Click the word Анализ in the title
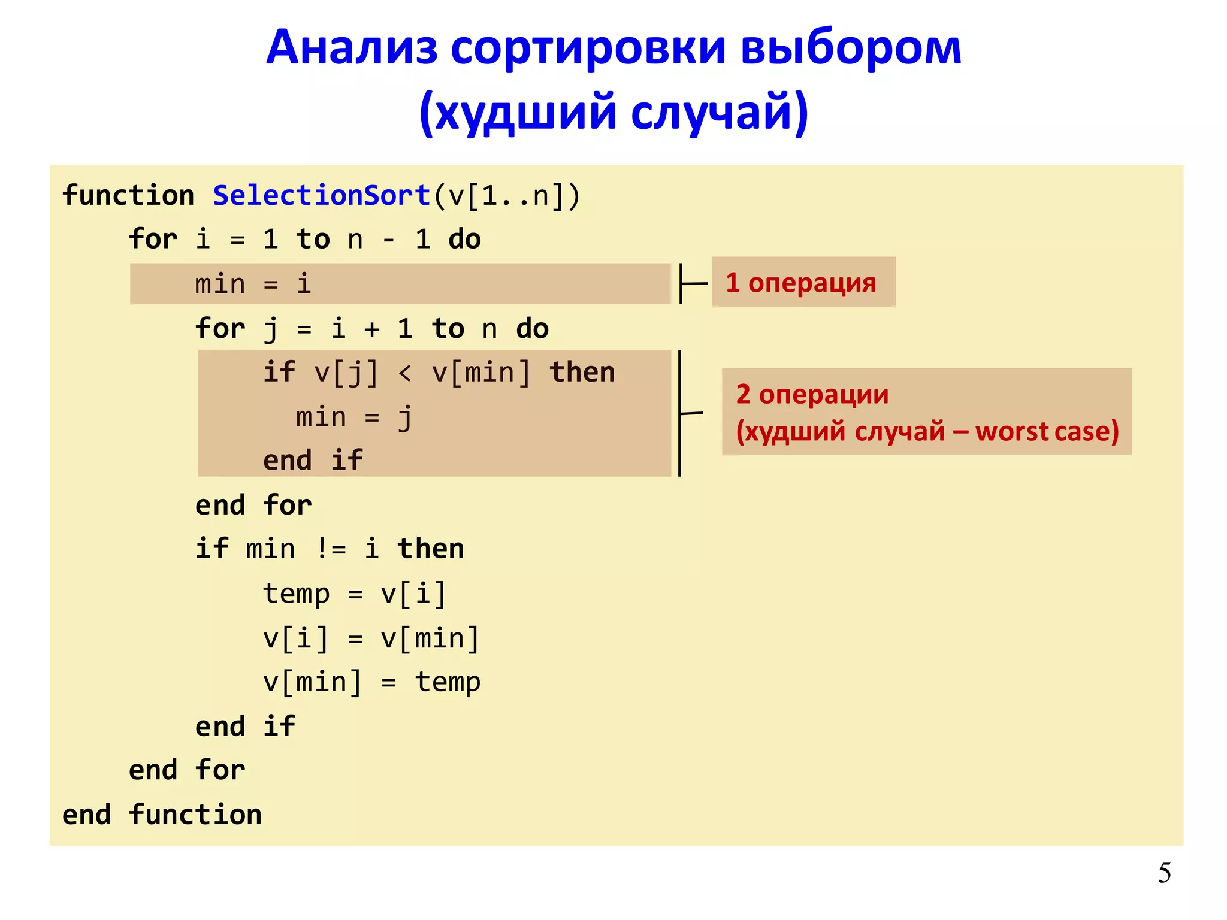click(352, 48)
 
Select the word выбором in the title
click(851, 48)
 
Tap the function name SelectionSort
click(322, 196)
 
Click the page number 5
click(1164, 873)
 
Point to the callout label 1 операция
click(801, 283)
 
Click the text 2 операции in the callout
click(812, 394)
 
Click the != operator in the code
click(330, 549)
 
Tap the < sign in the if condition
click(405, 373)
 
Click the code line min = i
click(252, 284)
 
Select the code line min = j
click(353, 417)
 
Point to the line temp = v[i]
click(354, 594)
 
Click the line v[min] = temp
click(371, 682)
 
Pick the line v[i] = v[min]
click(371, 638)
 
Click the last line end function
click(162, 815)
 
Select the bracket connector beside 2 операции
click(686, 413)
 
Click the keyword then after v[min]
click(582, 373)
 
